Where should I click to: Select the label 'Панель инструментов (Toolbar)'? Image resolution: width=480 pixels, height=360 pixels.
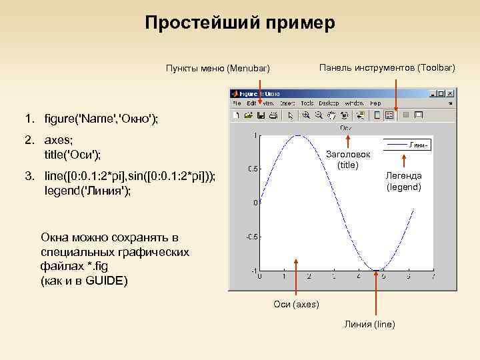(x=387, y=68)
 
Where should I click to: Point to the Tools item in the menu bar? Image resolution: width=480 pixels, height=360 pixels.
(x=307, y=104)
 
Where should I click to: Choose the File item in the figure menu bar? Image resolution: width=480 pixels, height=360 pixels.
(x=236, y=104)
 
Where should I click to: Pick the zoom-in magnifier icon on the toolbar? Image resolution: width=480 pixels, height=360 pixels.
(x=325, y=115)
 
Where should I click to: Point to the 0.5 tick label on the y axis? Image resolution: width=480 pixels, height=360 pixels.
(x=253, y=169)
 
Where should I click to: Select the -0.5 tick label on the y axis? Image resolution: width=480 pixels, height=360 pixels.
(x=252, y=237)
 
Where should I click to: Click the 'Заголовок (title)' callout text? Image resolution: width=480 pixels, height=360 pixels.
(x=348, y=159)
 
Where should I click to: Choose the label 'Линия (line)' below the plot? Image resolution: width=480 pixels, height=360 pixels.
(x=370, y=324)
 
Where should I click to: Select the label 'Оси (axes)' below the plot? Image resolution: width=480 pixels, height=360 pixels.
(x=297, y=305)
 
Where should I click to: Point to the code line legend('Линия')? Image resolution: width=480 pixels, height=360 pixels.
(x=87, y=191)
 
